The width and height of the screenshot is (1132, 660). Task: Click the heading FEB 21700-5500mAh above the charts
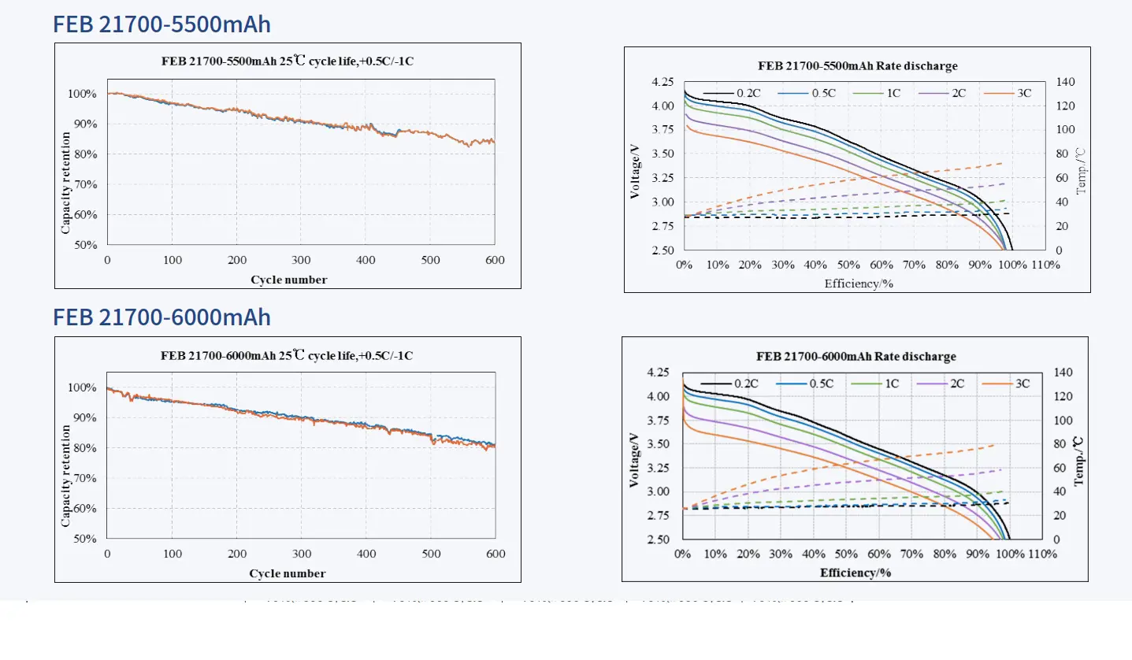161,24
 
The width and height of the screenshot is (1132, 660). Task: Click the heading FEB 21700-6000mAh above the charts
161,317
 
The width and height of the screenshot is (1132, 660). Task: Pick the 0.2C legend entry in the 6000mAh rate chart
746,384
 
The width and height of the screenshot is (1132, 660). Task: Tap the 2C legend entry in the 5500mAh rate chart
959,93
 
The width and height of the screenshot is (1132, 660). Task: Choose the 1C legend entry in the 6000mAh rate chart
893,384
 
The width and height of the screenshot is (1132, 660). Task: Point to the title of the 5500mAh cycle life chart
288,61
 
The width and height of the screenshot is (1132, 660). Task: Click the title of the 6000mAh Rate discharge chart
856,356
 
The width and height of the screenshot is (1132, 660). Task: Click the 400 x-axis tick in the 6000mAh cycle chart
366,554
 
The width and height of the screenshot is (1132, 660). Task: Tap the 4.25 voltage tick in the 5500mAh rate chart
663,82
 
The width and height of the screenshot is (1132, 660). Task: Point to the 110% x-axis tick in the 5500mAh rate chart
1045,265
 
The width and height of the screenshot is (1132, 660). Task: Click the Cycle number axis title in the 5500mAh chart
288,280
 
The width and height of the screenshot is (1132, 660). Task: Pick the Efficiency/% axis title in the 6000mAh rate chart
855,573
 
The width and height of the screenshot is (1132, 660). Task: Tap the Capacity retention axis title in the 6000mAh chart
65,476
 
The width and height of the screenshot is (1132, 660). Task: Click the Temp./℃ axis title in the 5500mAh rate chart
1082,169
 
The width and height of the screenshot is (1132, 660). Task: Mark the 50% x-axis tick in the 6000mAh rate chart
846,554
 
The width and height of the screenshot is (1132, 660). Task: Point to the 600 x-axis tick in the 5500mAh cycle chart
495,260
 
